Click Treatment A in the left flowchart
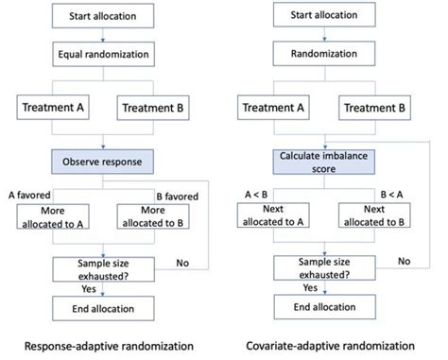tap(53, 110)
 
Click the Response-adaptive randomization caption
tap(105, 344)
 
